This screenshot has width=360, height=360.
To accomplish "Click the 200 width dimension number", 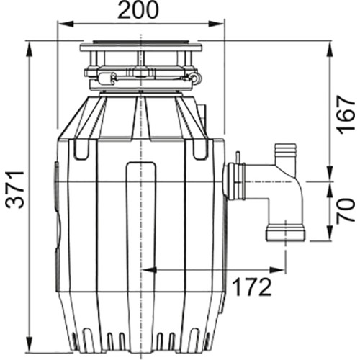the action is pos(138,9).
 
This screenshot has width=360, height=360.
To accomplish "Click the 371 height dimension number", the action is pos(15,189).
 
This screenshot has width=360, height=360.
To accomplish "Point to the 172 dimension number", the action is pos(252,287).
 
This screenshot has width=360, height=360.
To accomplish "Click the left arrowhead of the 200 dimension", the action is pos(66,24).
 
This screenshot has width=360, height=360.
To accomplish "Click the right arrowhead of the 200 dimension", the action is pos(216,24).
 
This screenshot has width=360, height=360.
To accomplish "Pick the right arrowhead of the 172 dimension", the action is pos(278,270).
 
